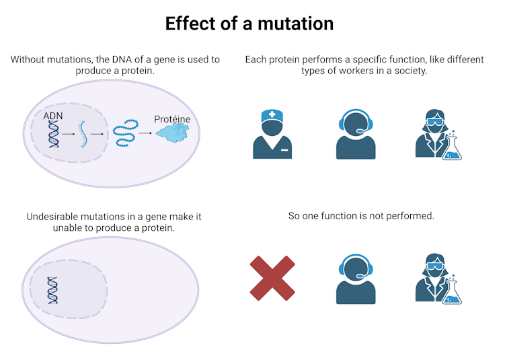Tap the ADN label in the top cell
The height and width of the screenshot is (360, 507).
[x=54, y=117]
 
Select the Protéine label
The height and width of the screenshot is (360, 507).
[x=171, y=119]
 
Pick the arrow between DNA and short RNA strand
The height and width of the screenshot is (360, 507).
[x=68, y=134]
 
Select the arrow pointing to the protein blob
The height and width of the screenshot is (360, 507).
[x=145, y=133]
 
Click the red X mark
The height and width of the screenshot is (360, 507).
[x=272, y=278]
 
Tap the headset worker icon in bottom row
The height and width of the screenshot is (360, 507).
[x=356, y=279]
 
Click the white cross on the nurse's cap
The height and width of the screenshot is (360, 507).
[x=272, y=114]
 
